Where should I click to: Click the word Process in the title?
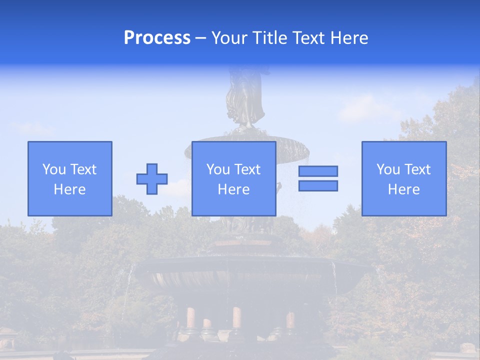[x=157, y=38]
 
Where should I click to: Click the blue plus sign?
[x=152, y=179]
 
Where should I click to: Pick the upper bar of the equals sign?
[x=318, y=171]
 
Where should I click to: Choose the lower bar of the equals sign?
[x=318, y=186]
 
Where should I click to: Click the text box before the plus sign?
[x=70, y=178]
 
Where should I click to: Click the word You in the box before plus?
[x=54, y=169]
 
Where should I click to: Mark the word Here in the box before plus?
[x=70, y=189]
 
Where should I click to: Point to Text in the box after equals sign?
[x=416, y=169]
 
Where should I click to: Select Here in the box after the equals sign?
[x=404, y=189]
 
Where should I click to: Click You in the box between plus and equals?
[x=218, y=169]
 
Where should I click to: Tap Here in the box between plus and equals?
[x=234, y=189]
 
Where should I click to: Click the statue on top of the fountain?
[x=245, y=97]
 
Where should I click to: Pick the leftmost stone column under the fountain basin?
[x=190, y=318]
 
